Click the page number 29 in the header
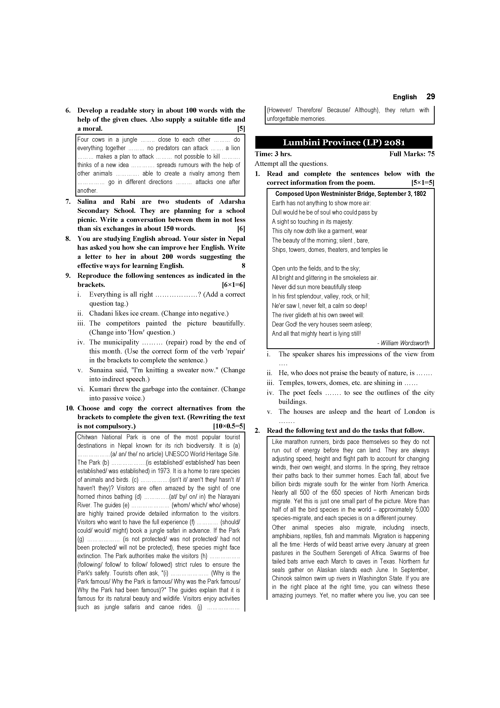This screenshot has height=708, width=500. (x=430, y=97)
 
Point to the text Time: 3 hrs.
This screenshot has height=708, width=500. (x=273, y=154)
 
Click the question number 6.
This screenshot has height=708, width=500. (x=68, y=110)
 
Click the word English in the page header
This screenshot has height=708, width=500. (x=404, y=97)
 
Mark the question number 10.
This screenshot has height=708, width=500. (x=70, y=408)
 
